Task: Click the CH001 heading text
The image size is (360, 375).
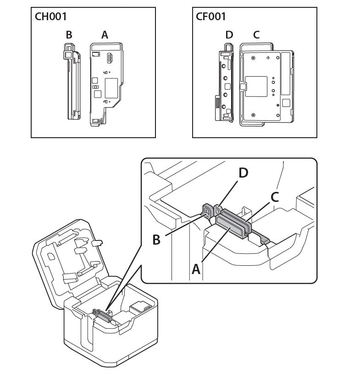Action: [x=51, y=17]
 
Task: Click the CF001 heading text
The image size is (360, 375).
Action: [x=211, y=17]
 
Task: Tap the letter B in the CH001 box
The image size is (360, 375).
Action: [x=69, y=34]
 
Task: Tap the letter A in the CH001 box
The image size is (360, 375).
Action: [x=105, y=34]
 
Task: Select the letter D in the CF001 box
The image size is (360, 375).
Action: [x=229, y=35]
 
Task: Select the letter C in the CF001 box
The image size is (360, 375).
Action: [x=256, y=35]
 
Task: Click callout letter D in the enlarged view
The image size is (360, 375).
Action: [x=243, y=173]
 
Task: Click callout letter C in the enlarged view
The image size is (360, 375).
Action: [x=275, y=197]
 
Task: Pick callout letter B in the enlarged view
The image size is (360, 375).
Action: [x=156, y=239]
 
